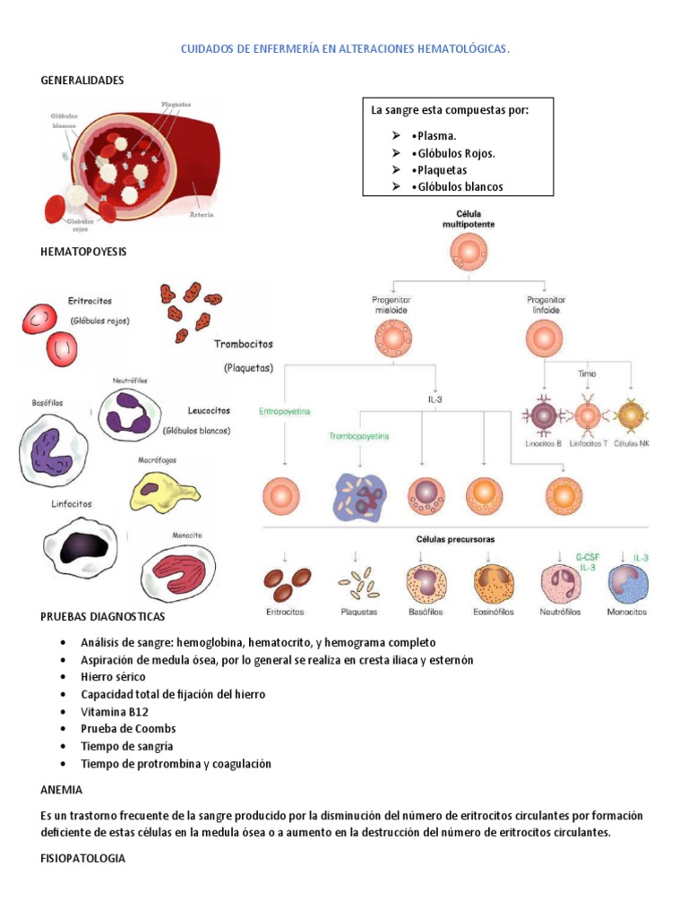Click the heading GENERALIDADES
coord(82,81)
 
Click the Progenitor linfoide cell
coord(546,340)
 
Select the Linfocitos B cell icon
coord(545,416)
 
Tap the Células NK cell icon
coord(632,416)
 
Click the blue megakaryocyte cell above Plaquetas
coord(358,495)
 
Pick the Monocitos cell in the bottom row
coord(627,583)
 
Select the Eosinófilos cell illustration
coord(494,583)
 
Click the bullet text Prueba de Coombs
coord(128,729)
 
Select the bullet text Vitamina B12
coord(115,712)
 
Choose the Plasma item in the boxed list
coord(434,136)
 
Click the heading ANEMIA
coord(62,790)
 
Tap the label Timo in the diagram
coord(587,373)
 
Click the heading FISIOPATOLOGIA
coord(83,859)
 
